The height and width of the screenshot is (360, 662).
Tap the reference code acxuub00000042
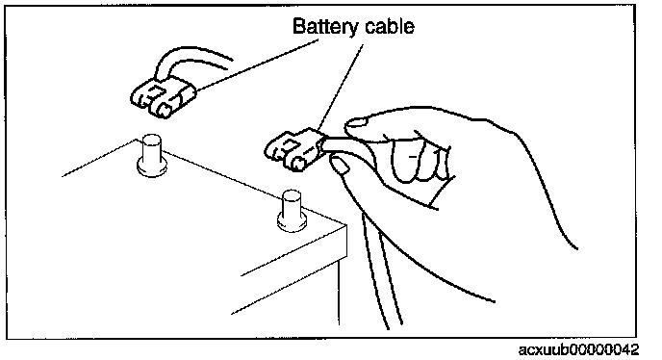pyautogui.click(x=579, y=349)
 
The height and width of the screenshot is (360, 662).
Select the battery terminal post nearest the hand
pyautogui.click(x=292, y=211)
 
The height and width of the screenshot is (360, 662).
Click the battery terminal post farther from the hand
pyautogui.click(x=152, y=156)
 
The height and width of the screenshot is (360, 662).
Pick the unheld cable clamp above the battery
pyautogui.click(x=162, y=97)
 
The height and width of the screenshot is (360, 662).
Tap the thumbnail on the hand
pyautogui.click(x=355, y=123)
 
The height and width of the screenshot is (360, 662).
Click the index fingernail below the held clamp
pyautogui.click(x=340, y=166)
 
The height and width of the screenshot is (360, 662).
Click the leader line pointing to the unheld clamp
pyautogui.click(x=257, y=64)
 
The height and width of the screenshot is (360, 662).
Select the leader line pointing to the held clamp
pyautogui.click(x=341, y=88)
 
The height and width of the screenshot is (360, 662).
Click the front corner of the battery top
pyautogui.click(x=346, y=225)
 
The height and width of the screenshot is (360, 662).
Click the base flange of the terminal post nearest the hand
pyautogui.click(x=292, y=222)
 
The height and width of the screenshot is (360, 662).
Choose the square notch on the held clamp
pyautogui.click(x=289, y=145)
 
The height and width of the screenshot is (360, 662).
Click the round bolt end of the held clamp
pyautogui.click(x=298, y=164)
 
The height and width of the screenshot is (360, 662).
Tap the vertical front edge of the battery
pyautogui.click(x=339, y=292)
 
